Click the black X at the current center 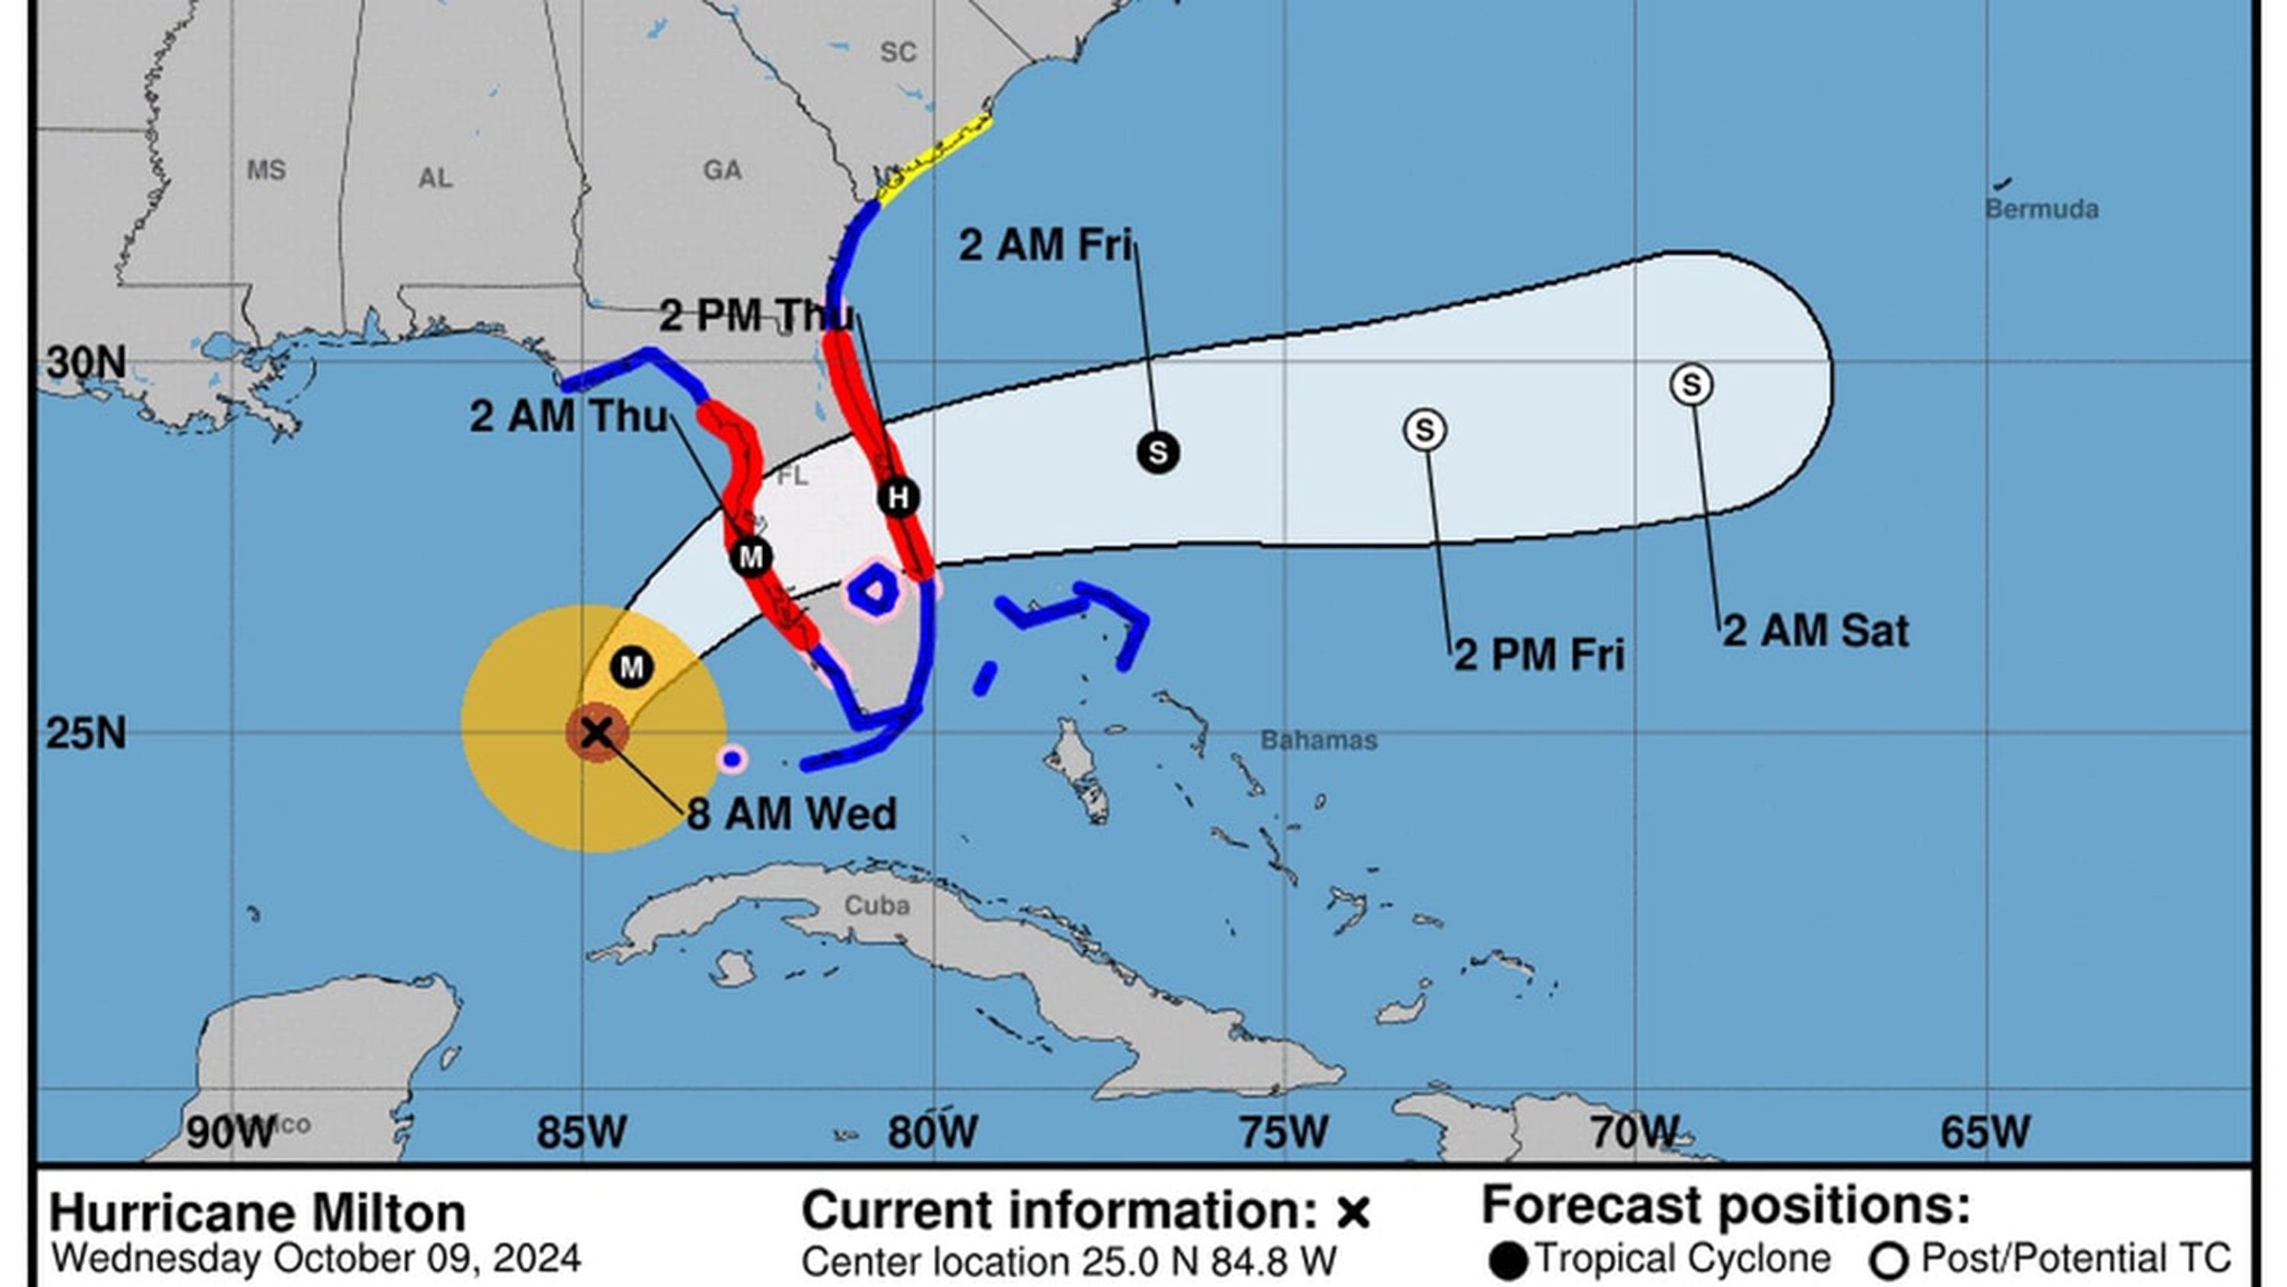click(598, 733)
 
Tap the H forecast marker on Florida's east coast click(899, 497)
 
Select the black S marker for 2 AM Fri click(1158, 453)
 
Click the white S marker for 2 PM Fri click(1425, 430)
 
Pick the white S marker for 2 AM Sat click(1692, 385)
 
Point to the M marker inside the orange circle click(632, 667)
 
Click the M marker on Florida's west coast click(751, 557)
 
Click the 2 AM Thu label click(568, 417)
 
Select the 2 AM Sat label click(1814, 632)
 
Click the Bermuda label click(2041, 210)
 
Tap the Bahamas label click(1318, 740)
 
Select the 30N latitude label click(86, 362)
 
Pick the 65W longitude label click(1985, 1132)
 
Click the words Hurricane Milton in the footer click(258, 1213)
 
